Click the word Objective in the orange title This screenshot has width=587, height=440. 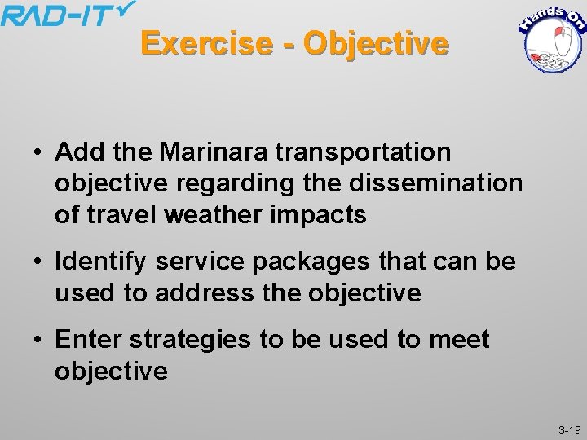point(376,43)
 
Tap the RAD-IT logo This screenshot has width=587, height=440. point(67,15)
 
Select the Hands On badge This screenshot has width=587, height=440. point(552,39)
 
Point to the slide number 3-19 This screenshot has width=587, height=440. point(568,429)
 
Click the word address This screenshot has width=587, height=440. point(212,293)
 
